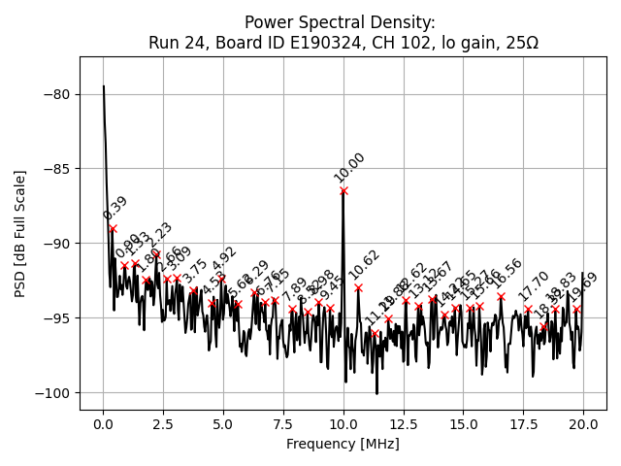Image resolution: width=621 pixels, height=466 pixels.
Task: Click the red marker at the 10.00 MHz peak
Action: click(x=343, y=191)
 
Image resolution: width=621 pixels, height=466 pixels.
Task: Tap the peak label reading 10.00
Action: click(x=349, y=168)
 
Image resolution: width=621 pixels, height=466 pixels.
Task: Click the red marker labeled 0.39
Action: click(x=113, y=229)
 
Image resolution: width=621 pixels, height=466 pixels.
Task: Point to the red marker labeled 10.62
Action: click(x=358, y=287)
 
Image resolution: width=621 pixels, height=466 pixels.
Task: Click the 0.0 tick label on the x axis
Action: click(x=103, y=424)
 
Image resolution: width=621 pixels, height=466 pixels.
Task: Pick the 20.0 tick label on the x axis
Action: click(x=583, y=424)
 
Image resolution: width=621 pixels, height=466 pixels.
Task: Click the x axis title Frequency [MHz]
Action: click(x=343, y=444)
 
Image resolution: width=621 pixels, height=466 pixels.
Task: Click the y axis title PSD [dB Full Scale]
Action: click(x=20, y=234)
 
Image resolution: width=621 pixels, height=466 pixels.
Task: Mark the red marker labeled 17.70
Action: click(x=528, y=310)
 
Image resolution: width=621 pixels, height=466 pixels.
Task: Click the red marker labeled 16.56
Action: click(x=501, y=297)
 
